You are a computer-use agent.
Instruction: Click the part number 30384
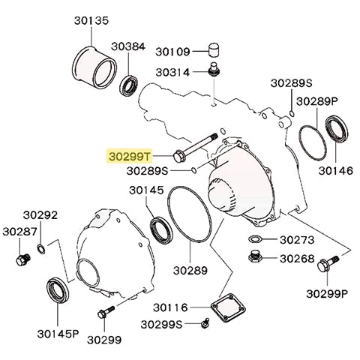[x=129, y=46]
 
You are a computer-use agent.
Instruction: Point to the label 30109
[x=174, y=52]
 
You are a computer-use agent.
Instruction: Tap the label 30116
[x=173, y=307]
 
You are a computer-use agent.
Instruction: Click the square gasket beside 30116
[x=225, y=307]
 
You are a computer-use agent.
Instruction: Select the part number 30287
[x=19, y=231]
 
